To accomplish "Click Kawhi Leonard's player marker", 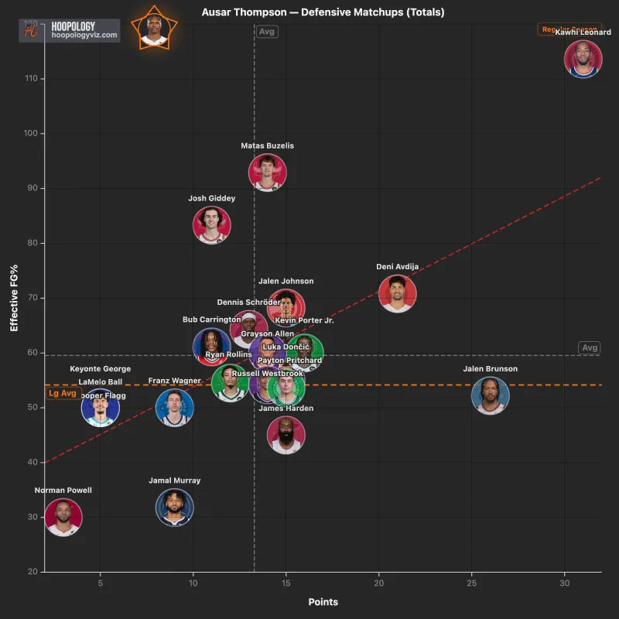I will (583, 60).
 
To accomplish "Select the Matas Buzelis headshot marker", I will (268, 172).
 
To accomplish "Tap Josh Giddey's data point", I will (212, 225).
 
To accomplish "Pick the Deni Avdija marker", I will (398, 293).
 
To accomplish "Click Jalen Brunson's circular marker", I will (491, 396).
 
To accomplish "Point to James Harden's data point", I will (286, 435).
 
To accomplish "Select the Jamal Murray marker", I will (175, 508).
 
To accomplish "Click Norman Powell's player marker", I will (63, 518).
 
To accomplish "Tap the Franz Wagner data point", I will (175, 408).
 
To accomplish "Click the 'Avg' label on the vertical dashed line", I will (267, 32).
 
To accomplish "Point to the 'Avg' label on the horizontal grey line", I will (590, 348).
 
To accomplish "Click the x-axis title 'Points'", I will (323, 602).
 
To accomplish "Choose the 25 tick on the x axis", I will (472, 583).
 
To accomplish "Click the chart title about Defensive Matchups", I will (323, 12).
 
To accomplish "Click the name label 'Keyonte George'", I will (101, 369).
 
